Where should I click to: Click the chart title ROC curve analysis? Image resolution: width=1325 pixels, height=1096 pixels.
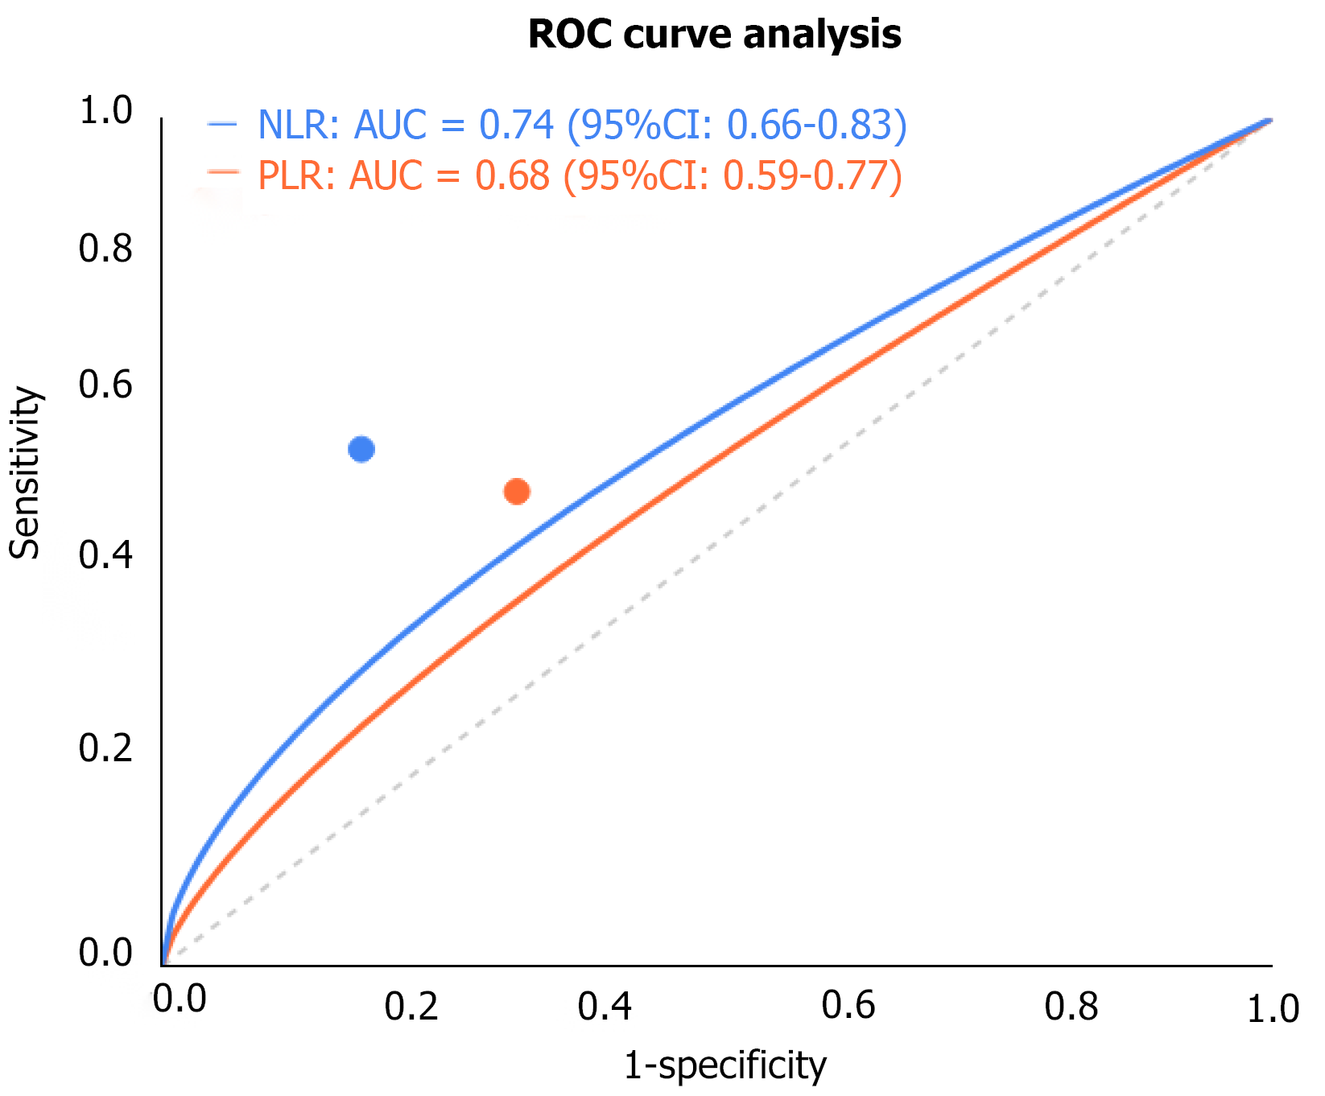pos(714,35)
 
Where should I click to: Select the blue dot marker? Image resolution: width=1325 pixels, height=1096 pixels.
pos(361,449)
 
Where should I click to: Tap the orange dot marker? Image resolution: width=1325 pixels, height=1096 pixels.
pos(516,491)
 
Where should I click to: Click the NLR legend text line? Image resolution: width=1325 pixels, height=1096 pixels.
pos(582,126)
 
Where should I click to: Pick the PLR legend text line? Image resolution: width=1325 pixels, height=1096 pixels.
pos(580,176)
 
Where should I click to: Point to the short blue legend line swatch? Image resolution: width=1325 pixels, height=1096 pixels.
pos(222,124)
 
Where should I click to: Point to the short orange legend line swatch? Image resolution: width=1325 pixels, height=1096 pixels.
pos(223,171)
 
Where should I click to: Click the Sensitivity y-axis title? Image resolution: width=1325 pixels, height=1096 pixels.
pos(25,473)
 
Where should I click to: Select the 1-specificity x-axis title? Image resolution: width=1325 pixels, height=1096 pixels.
pos(724,1065)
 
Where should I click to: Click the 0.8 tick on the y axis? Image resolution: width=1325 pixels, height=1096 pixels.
pos(105,249)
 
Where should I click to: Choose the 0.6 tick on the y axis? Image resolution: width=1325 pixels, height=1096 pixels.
pos(105,385)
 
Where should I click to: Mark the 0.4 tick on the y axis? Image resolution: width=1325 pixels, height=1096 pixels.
pos(105,556)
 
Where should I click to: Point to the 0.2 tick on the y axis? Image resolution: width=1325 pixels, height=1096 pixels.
pos(105,748)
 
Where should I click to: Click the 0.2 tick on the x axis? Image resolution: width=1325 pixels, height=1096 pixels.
pos(411,1007)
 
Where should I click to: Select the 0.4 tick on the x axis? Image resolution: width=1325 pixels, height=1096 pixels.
pos(605,1007)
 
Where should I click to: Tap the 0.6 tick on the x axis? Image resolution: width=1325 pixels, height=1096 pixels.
pos(848,1006)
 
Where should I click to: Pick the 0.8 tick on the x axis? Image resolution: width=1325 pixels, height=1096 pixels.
pos(1071,1006)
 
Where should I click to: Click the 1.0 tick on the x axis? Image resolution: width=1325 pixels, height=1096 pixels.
pos(1273,1009)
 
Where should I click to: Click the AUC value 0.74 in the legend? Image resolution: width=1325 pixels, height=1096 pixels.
pos(517,126)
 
